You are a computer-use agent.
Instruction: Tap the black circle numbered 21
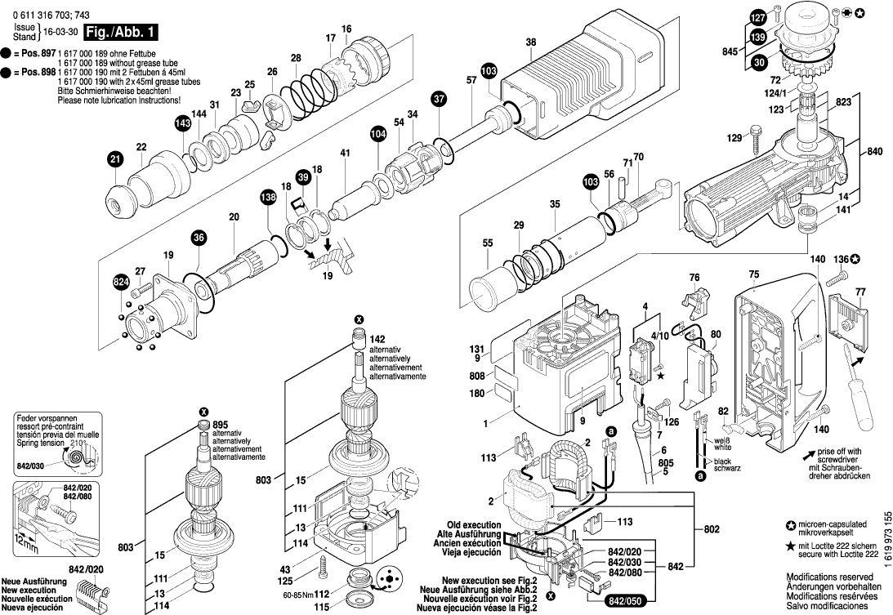[x=115, y=161]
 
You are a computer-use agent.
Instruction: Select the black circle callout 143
[x=182, y=123]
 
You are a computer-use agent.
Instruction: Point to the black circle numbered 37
[x=440, y=99]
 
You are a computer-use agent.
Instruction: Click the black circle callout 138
[x=269, y=197]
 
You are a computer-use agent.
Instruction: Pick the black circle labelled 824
[x=121, y=283]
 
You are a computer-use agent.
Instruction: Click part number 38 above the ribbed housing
[x=530, y=42]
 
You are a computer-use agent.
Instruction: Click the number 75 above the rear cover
[x=753, y=275]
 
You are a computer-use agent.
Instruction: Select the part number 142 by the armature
[x=377, y=338]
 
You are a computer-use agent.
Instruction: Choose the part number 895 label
[x=221, y=425]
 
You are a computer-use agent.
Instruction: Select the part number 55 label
[x=488, y=243]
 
